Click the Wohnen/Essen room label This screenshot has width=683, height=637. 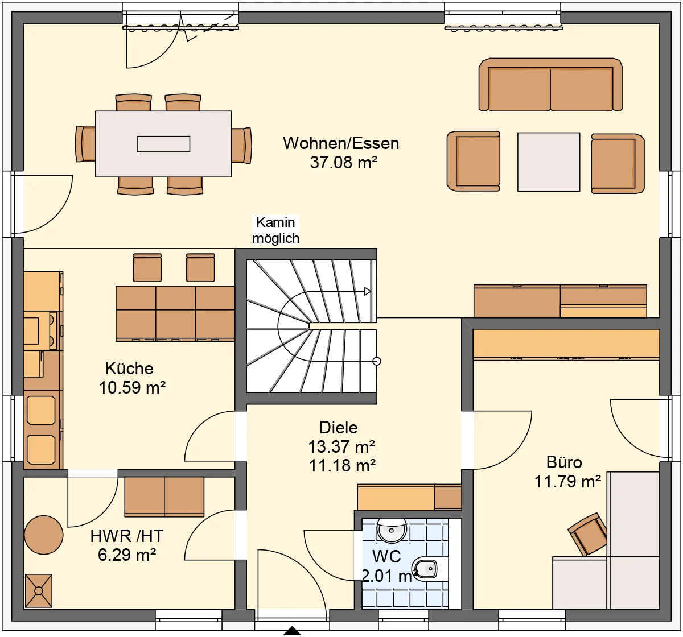coord(341,143)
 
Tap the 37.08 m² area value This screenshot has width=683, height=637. coord(344,162)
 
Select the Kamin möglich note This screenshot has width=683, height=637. coord(276,230)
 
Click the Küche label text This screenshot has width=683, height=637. coord(129,369)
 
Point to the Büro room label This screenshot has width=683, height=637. coord(564,462)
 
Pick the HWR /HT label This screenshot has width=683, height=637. coord(126,536)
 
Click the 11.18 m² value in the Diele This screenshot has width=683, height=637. coord(342,466)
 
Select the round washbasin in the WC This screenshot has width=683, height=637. coord(392,530)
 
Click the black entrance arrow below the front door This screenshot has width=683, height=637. coord(292,631)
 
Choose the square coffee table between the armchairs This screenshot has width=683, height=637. coord(549,162)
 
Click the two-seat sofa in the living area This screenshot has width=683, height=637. coord(550,85)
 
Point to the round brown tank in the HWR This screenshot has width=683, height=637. coord(44,535)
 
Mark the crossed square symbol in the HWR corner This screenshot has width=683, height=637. coord(39,590)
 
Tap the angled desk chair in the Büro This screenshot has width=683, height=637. coord(587,534)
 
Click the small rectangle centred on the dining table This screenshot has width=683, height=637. coord(163,144)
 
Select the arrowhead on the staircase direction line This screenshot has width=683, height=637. coord(367,292)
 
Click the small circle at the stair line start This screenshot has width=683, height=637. coord(377,361)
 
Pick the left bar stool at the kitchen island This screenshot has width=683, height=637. coord(147,267)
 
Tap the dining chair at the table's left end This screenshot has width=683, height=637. coord(85,144)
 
